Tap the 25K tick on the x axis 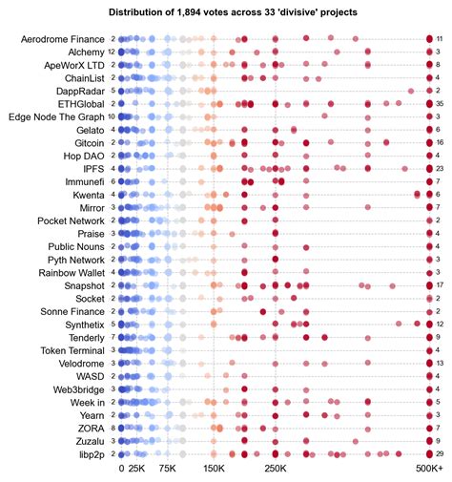pos(136,470)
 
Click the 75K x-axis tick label pos(167,470)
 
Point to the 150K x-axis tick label pos(213,470)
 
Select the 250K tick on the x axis pos(275,470)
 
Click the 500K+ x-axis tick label pos(430,470)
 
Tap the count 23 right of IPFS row pos(440,168)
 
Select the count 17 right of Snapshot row pos(440,284)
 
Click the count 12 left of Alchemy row pos(113,52)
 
